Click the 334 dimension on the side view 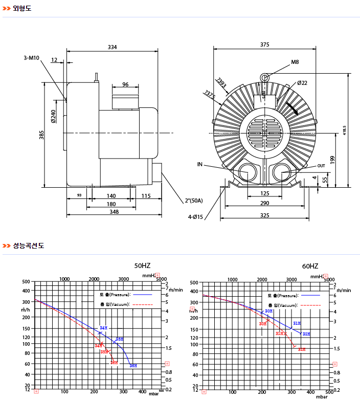(112, 47)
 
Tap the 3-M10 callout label (31, 58)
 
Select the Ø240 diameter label (53, 117)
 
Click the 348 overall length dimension (114, 212)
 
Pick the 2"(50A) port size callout (194, 201)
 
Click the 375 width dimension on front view (264, 44)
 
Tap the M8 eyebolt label (295, 62)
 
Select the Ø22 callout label (302, 83)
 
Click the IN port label (200, 165)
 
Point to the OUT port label (321, 166)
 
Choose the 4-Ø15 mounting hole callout (195, 217)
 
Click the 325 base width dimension (264, 215)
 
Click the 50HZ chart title (142, 266)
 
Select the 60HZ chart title (310, 266)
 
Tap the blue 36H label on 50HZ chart (133, 366)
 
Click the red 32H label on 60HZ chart (302, 349)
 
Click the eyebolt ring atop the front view (265, 77)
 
